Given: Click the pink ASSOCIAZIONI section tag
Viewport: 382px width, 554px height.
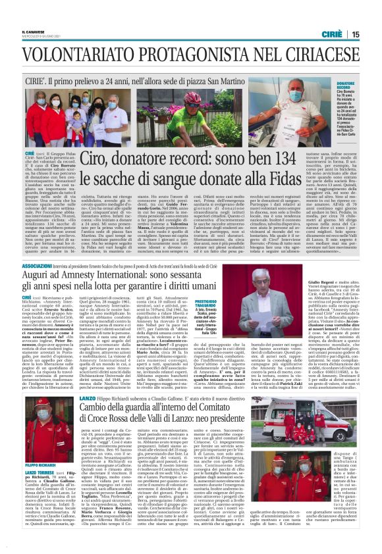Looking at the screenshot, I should [x=40, y=265].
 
